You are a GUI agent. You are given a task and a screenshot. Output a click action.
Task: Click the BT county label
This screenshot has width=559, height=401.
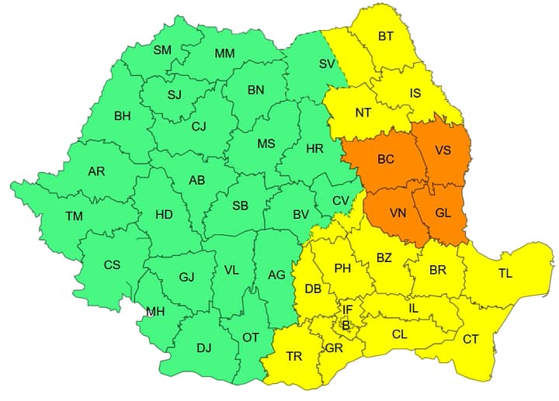coord(386,36)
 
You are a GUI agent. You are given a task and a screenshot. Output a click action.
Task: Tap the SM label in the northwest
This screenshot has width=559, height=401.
coord(162,50)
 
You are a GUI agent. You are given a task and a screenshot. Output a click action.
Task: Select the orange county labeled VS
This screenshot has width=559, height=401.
coord(443,151)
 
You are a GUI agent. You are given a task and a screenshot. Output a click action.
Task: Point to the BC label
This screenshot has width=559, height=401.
coord(386,160)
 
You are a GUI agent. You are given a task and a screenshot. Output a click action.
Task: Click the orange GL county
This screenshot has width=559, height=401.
coord(443,212)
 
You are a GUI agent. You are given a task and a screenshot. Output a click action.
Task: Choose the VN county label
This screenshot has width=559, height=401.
coord(398,212)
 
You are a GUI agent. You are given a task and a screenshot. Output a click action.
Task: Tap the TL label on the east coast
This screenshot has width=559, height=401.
coord(505,273)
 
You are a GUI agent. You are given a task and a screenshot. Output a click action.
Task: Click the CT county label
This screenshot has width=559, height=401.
coord(470,339)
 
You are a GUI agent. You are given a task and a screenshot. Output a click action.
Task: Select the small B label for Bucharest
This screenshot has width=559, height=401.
coord(346,326)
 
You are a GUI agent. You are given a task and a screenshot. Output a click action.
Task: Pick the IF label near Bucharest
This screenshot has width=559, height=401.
coord(348,309)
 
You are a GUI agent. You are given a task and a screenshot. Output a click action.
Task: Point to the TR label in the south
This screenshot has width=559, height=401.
coord(294,356)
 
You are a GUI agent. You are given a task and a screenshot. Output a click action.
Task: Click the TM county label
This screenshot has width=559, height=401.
coord(74,216)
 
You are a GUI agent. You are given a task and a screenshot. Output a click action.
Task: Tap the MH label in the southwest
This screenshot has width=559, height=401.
coord(155,312)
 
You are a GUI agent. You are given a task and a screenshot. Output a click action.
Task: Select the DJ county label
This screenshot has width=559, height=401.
coord(203,347)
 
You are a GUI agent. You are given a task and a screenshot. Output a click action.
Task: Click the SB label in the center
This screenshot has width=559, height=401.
coord(241,206)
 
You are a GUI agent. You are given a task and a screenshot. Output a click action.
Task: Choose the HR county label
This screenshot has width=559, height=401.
coord(315,148)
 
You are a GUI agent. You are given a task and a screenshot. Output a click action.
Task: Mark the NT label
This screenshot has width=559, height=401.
coord(363,112)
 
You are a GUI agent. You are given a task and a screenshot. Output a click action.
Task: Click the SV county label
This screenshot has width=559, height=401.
coord(327,64)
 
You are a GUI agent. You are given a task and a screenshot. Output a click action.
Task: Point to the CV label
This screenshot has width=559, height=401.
coord(341,200)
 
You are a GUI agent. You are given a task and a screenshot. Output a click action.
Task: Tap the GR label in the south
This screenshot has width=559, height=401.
coord(334,348)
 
